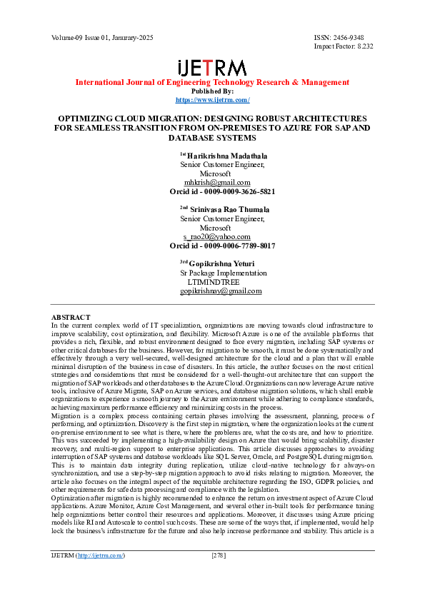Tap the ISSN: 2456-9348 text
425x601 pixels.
[x=339, y=36]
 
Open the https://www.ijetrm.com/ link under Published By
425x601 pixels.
[x=212, y=100]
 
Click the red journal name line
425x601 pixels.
[x=212, y=83]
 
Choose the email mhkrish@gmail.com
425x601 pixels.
[x=217, y=182]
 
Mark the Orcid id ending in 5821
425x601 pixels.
[x=222, y=191]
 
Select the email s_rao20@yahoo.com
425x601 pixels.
[x=217, y=236]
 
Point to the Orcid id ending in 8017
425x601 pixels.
[x=222, y=246]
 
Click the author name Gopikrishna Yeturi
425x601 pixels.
[x=221, y=263]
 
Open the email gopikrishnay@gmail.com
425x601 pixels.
[x=221, y=291]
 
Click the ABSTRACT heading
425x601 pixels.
[x=71, y=317]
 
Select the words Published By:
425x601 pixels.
[x=212, y=91]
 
